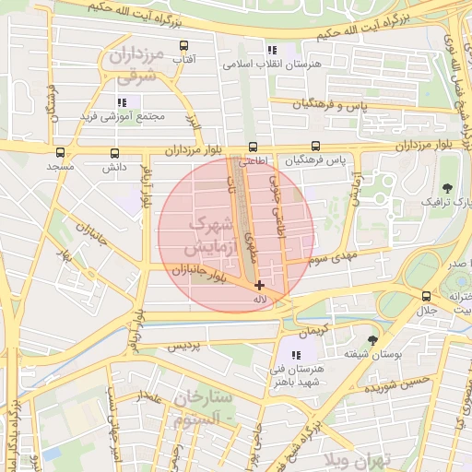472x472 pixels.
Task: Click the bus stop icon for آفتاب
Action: coord(183,45)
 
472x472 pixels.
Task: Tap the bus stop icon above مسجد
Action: coord(61,153)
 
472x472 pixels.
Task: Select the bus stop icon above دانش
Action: coord(114,153)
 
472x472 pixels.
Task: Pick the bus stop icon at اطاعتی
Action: coord(253,146)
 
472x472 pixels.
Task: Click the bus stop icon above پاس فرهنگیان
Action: coord(316,146)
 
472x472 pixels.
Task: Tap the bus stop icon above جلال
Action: coord(426,296)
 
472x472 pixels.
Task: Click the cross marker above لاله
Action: coord(259,286)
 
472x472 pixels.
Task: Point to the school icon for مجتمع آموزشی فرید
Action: coord(121,102)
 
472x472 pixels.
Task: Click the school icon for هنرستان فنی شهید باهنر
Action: coord(296,355)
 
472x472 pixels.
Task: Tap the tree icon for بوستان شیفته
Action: coord(372,340)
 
